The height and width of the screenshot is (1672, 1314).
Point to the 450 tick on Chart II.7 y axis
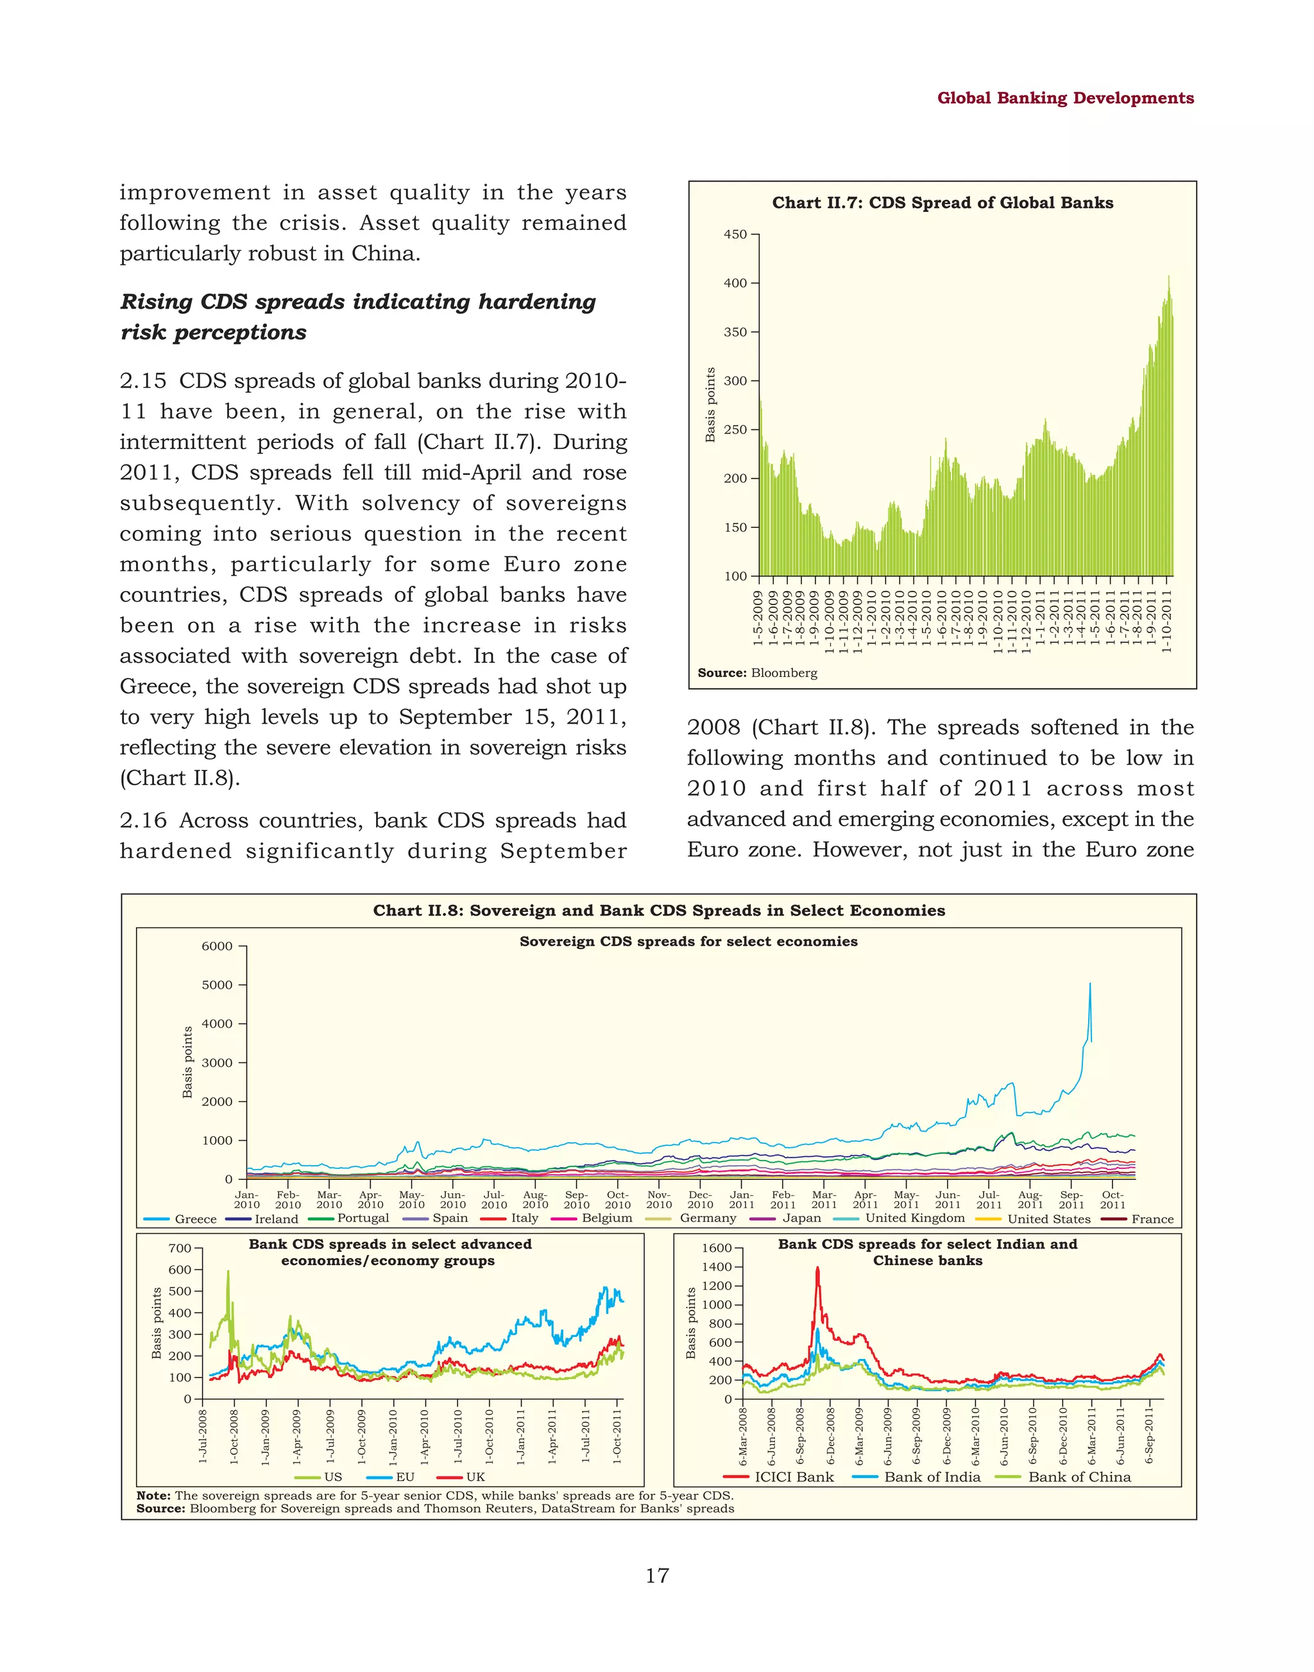[x=735, y=234]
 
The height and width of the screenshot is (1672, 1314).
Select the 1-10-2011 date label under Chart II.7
[x=1166, y=621]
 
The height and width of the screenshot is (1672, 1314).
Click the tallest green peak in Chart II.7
[x=1168, y=277]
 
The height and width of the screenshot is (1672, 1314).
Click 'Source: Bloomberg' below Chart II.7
[x=757, y=672]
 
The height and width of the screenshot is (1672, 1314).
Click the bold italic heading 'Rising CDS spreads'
[x=358, y=302]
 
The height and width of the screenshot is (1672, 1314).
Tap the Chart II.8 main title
[x=658, y=910]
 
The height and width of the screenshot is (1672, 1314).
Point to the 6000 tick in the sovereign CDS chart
[x=217, y=946]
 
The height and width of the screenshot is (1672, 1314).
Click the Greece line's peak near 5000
[x=1089, y=984]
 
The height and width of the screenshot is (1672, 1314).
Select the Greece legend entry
[x=181, y=1219]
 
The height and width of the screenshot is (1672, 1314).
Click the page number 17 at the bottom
[x=657, y=1575]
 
